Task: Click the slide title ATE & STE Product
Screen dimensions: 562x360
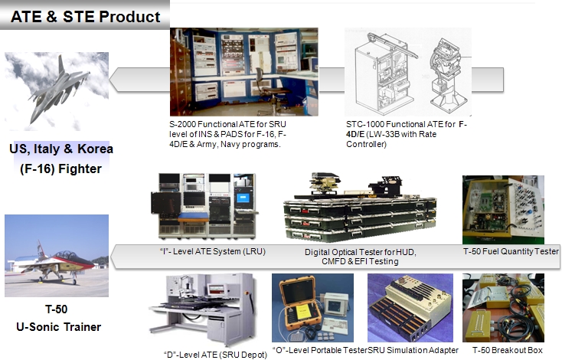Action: point(85,17)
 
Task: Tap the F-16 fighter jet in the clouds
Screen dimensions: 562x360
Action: point(58,90)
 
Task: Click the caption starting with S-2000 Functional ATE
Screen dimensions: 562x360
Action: point(228,134)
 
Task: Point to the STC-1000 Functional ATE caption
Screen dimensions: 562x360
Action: point(407,134)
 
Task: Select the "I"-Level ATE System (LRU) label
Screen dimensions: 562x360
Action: point(213,251)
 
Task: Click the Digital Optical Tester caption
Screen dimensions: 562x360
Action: point(360,257)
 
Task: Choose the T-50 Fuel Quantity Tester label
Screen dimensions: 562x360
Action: point(511,251)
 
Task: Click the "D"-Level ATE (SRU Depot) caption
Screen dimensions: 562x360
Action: point(215,355)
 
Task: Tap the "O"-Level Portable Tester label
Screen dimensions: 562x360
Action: point(320,350)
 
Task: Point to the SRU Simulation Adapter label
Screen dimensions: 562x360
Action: point(413,350)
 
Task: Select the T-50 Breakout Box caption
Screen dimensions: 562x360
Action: point(508,350)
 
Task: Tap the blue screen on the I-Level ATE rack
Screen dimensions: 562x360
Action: point(243,198)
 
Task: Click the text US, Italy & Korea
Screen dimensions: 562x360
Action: point(61,149)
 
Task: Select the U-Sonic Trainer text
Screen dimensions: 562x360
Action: point(58,326)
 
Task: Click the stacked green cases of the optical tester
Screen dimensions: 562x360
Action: point(360,219)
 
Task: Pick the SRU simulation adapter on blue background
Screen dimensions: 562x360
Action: point(410,309)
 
